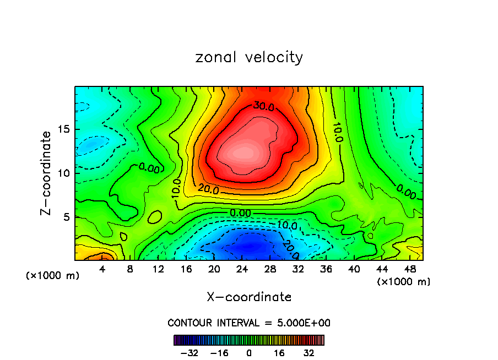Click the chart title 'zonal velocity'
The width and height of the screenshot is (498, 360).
point(249,57)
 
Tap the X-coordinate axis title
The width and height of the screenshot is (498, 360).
point(249,297)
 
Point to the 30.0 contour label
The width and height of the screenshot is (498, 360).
point(263,105)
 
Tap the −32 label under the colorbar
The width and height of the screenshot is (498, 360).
point(189,352)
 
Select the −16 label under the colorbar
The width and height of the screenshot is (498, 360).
point(219,352)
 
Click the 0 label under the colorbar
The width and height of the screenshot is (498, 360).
point(249,352)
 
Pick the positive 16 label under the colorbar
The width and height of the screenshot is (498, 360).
point(279,352)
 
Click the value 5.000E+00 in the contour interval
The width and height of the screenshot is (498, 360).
point(304,323)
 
